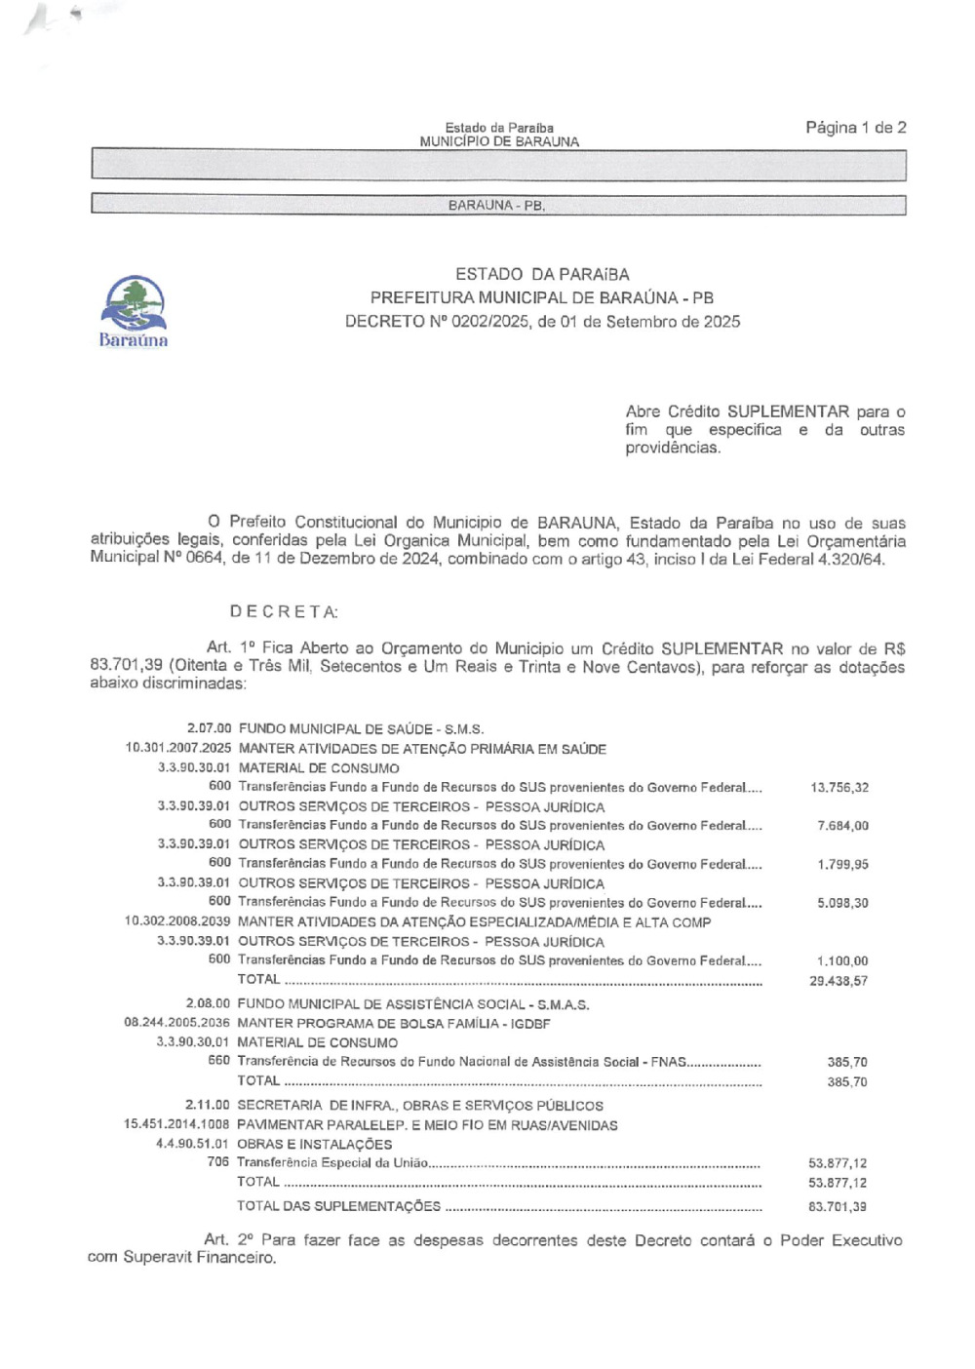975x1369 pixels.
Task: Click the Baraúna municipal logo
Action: [134, 310]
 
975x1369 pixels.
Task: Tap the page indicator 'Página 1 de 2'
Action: [855, 128]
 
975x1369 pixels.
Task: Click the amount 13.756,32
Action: [839, 788]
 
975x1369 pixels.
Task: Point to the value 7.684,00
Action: [842, 826]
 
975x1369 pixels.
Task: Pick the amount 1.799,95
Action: [842, 865]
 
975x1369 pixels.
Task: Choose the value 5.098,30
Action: [842, 903]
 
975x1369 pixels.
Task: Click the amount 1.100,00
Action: [842, 961]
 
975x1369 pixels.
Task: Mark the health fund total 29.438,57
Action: [838, 981]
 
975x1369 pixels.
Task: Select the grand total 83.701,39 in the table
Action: [838, 1207]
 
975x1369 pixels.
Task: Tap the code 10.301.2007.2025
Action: [177, 749]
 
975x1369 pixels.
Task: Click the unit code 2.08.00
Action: [208, 1004]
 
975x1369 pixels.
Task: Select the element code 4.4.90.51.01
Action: [193, 1145]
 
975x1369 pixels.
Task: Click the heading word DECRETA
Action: [284, 612]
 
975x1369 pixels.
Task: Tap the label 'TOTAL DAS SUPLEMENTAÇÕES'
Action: [338, 1206]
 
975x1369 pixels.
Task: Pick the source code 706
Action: [218, 1162]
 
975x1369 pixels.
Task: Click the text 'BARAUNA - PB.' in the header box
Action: [496, 206]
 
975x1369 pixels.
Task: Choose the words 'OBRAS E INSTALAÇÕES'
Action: [314, 1145]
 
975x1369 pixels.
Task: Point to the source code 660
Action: [218, 1061]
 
